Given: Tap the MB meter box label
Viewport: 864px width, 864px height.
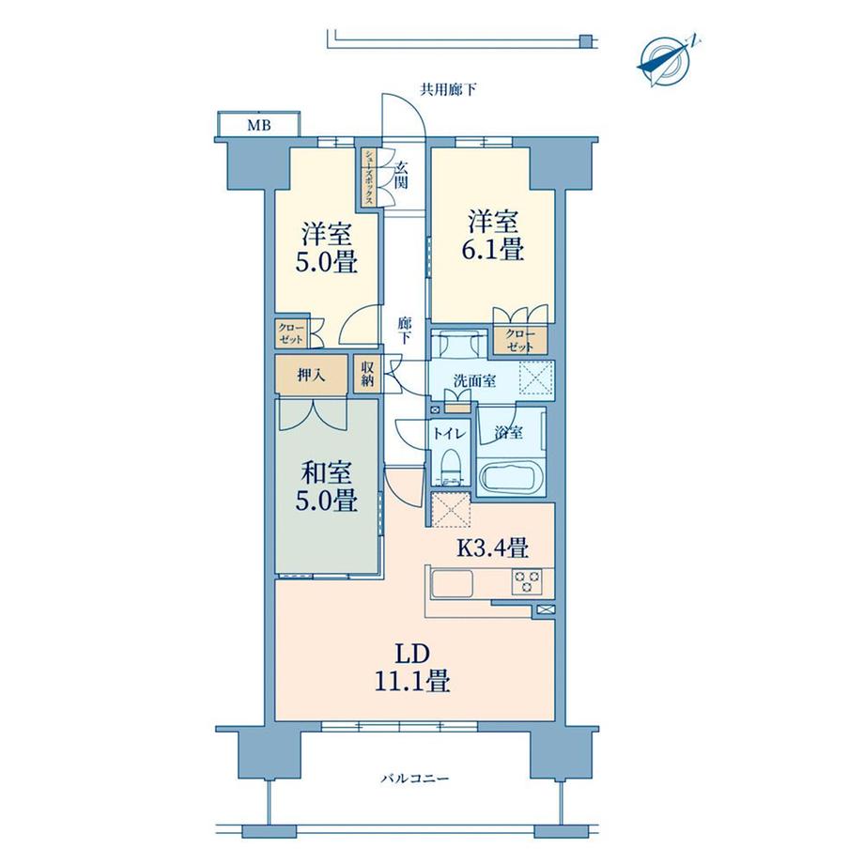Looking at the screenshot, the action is pyautogui.click(x=259, y=126).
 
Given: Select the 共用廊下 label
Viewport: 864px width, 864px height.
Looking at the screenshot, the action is pyautogui.click(x=449, y=89).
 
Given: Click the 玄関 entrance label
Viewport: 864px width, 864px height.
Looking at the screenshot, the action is pyautogui.click(x=402, y=175).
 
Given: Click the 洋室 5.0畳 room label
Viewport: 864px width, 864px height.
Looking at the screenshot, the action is pyautogui.click(x=326, y=248).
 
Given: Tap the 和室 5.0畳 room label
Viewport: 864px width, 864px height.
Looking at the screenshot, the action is pyautogui.click(x=326, y=486).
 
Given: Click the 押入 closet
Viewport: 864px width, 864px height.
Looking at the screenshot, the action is pyautogui.click(x=312, y=375).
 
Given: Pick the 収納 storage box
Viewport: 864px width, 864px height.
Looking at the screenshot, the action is pyautogui.click(x=367, y=374).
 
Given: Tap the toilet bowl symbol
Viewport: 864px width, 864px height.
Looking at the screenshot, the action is pyautogui.click(x=452, y=465).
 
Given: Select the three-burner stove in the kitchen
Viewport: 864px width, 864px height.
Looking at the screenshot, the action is pyautogui.click(x=527, y=581).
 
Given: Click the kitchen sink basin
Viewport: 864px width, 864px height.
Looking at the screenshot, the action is pyautogui.click(x=453, y=583).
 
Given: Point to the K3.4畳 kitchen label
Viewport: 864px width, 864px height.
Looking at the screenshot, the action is pyautogui.click(x=493, y=548).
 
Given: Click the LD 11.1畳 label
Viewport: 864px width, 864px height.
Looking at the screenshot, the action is pyautogui.click(x=412, y=668).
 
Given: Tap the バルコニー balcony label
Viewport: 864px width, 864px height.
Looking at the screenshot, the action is pyautogui.click(x=415, y=779).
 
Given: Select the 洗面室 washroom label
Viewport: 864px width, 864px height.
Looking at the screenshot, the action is pyautogui.click(x=474, y=380).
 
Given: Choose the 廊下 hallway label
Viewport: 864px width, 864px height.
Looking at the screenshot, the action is pyautogui.click(x=404, y=331).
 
